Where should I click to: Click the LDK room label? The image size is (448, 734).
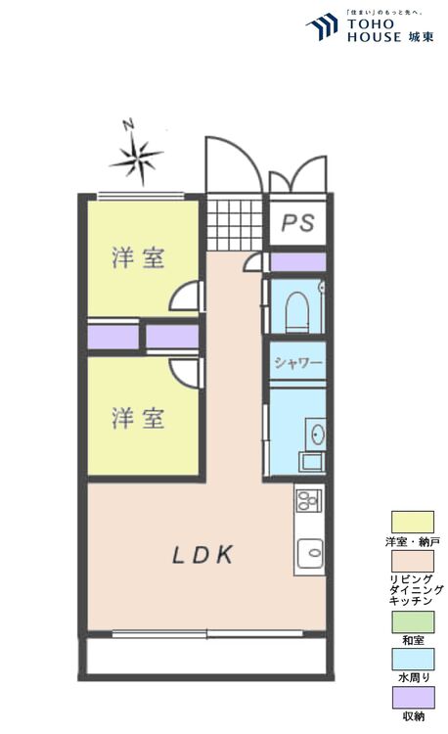203,556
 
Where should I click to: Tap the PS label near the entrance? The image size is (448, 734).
297,223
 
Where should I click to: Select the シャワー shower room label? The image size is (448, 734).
297,363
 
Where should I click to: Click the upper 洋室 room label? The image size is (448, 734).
137,258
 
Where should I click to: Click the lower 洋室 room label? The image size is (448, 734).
137,419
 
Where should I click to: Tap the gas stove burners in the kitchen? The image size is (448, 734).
307,501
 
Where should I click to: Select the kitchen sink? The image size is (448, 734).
309,552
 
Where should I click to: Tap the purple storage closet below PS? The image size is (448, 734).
297,262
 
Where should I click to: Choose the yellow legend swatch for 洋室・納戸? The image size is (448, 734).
412,522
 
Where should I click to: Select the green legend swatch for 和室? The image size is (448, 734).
412,621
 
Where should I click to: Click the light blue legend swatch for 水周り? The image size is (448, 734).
412,659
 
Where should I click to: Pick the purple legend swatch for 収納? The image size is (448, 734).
412,697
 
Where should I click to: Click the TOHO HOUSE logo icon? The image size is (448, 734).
322,28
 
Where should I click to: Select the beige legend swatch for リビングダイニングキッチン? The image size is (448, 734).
412,561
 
